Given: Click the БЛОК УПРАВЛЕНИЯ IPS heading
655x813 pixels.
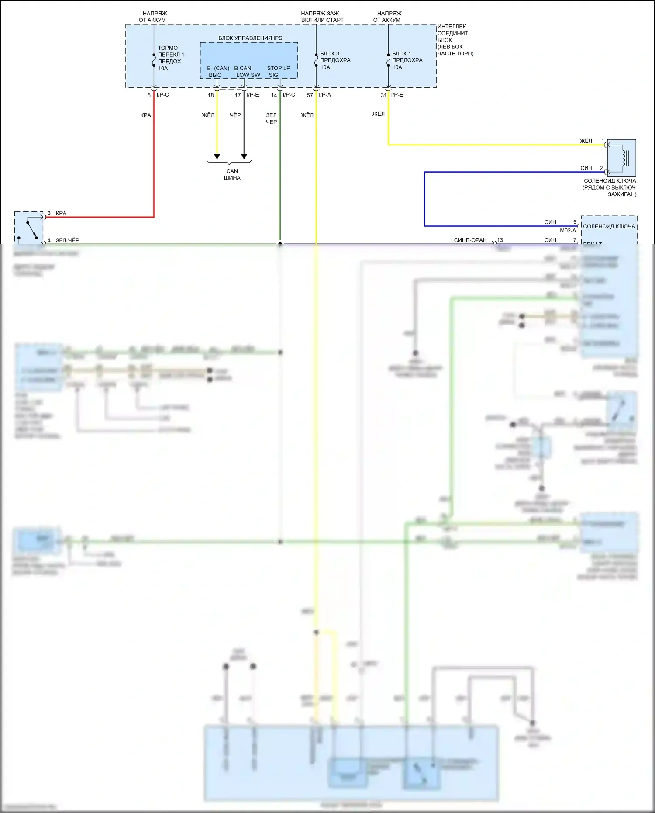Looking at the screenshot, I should pos(250,38).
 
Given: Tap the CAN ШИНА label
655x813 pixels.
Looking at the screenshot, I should pos(232,174).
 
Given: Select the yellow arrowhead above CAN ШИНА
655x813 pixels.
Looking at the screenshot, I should pos(217,156).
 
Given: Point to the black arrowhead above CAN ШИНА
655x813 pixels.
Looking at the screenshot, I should pos(244,156).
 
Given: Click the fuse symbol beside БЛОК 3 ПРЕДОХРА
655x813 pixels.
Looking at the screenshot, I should pos(316,60).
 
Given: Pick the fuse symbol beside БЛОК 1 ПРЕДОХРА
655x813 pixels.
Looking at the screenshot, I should pos(388,60).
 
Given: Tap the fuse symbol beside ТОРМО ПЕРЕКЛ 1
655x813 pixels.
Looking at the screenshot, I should pos(154,60).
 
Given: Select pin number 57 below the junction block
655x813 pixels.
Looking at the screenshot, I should pos(310,95).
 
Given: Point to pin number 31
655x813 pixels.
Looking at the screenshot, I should pos(383,95).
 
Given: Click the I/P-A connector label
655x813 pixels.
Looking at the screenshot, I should pos(324,95).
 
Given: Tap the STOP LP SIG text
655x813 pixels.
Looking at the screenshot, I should pos(278,71).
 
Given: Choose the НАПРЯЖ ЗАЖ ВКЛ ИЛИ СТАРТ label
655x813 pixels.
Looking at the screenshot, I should pos(322,17).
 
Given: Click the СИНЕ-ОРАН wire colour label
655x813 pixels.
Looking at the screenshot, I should pos(470,240).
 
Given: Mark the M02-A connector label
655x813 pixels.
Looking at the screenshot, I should pos(568,231).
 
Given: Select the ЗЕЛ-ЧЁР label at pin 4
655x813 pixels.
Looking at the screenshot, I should pos(67,240).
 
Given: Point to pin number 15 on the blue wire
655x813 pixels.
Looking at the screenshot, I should pos(573,222).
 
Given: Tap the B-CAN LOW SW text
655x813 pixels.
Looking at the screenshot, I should pos(248,71).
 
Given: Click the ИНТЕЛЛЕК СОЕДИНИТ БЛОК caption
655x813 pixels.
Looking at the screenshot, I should pos(455,40).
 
